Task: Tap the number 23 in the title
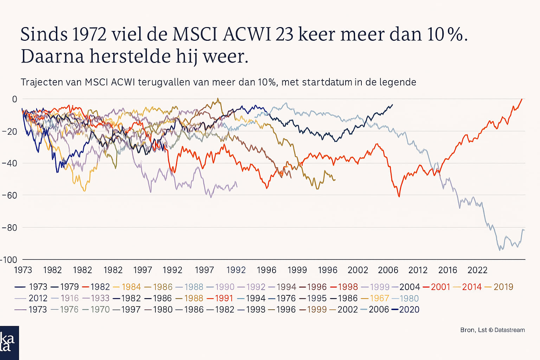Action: [x=284, y=34]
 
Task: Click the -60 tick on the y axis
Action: [x=9, y=195]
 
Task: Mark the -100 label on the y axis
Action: [x=8, y=260]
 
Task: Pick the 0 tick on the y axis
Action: [x=14, y=99]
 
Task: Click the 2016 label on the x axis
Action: [x=448, y=270]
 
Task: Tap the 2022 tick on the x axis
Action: [x=477, y=270]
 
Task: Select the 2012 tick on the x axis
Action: [x=418, y=270]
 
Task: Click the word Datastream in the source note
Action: [x=509, y=330]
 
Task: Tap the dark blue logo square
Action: [x=9, y=343]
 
